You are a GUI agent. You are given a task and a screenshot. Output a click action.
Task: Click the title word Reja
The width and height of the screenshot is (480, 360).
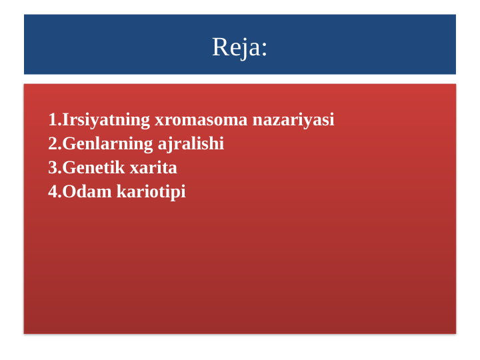(237, 47)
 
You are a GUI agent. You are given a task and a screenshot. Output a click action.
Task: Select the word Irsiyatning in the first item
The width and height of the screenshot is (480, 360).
(106, 120)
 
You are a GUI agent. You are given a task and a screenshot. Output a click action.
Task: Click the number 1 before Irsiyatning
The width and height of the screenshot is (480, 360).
(53, 120)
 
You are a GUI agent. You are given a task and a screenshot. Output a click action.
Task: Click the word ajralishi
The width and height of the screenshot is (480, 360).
(191, 144)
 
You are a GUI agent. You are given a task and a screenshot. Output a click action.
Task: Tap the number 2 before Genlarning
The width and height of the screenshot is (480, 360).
(53, 144)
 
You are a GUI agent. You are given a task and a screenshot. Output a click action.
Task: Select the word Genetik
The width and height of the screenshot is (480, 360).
(92, 168)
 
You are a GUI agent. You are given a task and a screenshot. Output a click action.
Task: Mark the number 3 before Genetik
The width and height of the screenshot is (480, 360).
(53, 168)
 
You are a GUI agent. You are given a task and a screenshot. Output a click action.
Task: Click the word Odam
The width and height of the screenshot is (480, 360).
(87, 192)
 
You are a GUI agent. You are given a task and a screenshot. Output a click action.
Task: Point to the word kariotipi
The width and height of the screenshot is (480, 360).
(151, 192)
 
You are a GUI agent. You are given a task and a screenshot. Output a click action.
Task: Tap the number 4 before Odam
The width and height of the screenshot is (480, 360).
(53, 192)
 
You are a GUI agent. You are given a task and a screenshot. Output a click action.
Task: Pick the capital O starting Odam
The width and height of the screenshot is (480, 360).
(69, 192)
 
